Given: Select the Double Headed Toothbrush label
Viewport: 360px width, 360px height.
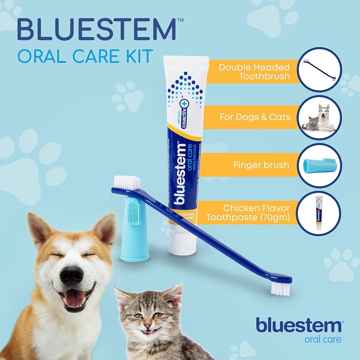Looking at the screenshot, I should pos(254,72).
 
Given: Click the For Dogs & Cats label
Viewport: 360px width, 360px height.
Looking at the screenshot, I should pos(250,117).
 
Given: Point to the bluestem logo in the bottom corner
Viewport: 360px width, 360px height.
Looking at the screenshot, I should pos(298,325).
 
